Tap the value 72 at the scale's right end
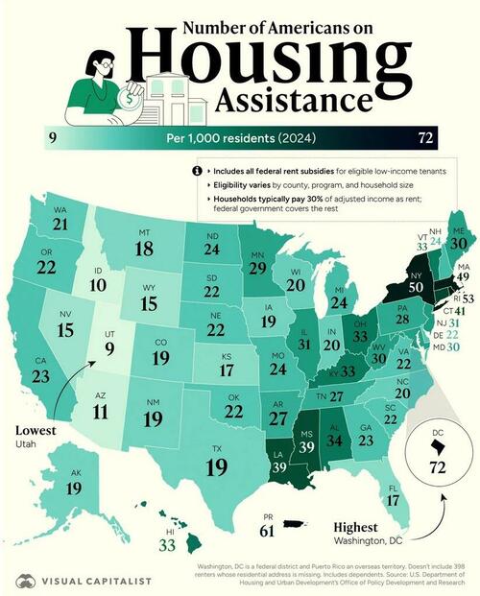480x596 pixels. (x=426, y=138)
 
